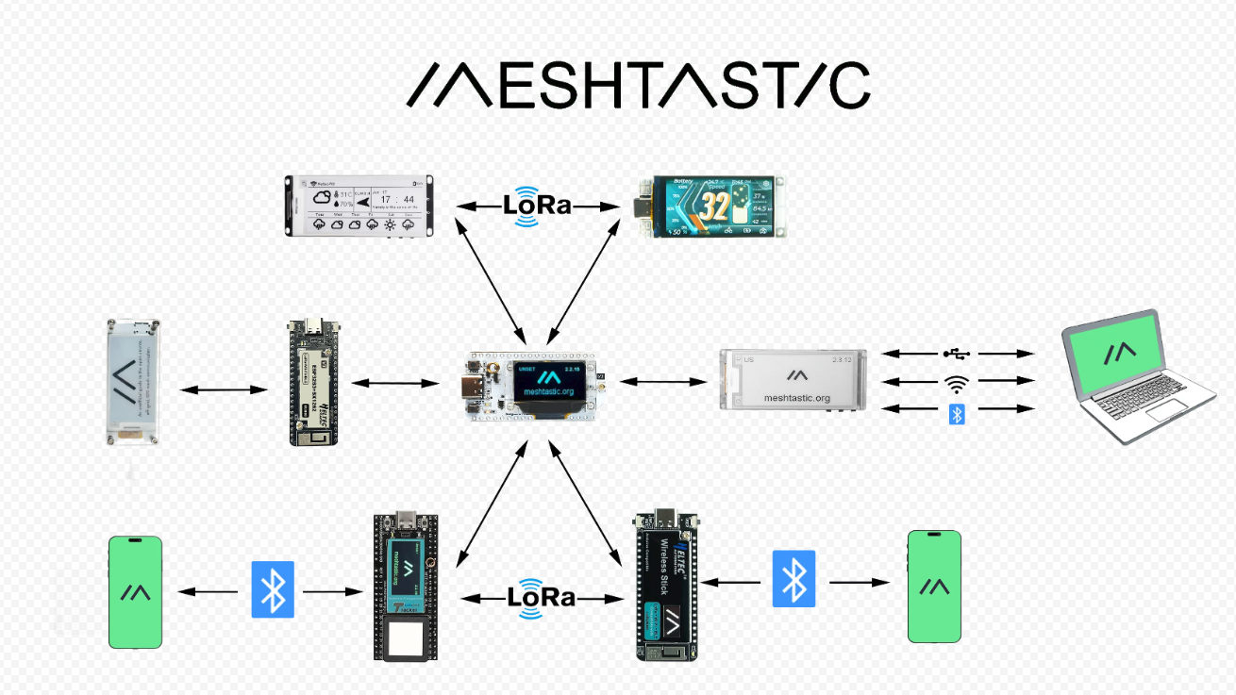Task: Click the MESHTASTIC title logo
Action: [638, 86]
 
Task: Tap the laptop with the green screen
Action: [1136, 376]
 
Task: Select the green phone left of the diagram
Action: [135, 592]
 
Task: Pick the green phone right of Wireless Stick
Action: [934, 587]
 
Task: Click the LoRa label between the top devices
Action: [537, 206]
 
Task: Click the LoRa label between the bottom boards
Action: [542, 598]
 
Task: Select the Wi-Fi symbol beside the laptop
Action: [957, 382]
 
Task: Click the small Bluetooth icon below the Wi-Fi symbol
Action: [957, 413]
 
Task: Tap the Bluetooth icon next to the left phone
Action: [273, 590]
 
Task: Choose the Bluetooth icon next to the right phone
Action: [793, 578]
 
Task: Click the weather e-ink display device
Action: [359, 206]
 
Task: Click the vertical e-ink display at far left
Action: [133, 381]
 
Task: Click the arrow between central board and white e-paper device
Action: [662, 382]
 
